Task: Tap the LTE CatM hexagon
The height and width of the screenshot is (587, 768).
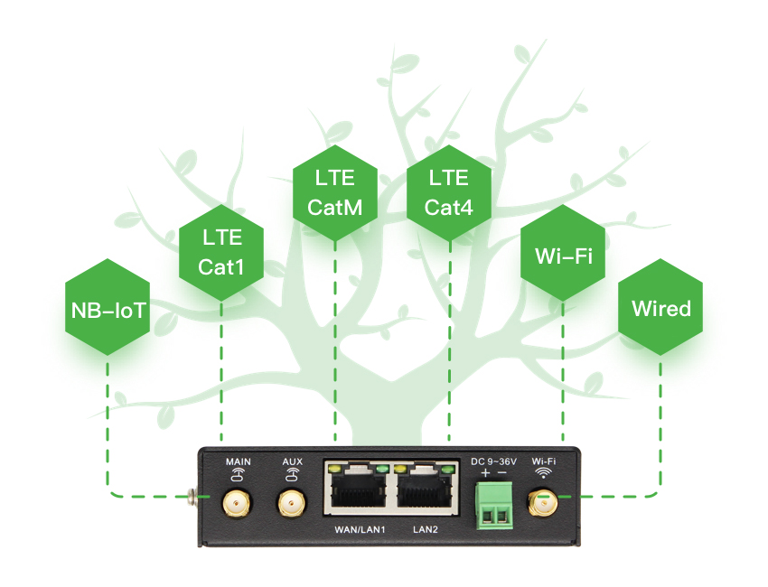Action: [x=335, y=192]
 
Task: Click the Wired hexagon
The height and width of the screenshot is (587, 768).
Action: [x=660, y=309]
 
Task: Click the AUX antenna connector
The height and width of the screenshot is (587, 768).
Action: [x=291, y=503]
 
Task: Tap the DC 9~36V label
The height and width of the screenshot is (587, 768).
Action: [x=493, y=461]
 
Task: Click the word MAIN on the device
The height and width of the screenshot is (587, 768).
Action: [x=238, y=461]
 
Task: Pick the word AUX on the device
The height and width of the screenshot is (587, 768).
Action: [x=292, y=461]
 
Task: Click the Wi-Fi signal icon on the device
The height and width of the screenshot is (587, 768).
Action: [x=544, y=472]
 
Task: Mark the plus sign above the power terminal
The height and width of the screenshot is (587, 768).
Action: [x=485, y=473]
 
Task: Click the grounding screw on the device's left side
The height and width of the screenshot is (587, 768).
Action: [x=192, y=495]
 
